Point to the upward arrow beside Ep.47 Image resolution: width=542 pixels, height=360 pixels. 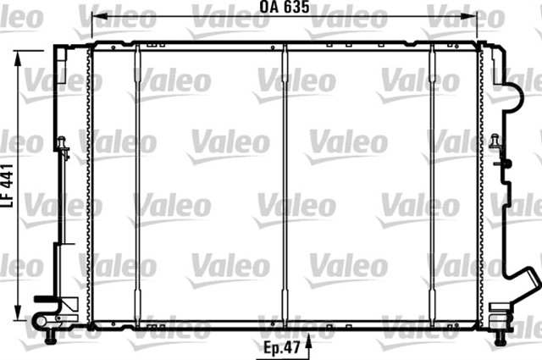click(x=310, y=344)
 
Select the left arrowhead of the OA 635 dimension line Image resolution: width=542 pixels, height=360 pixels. click(x=96, y=17)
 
